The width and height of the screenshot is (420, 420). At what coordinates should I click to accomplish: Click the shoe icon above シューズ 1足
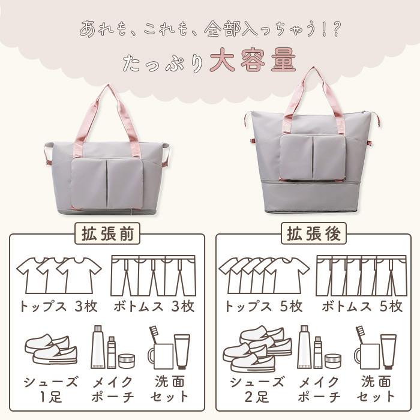pos(52,349)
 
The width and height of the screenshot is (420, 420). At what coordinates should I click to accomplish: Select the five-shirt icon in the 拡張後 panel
pos(263,274)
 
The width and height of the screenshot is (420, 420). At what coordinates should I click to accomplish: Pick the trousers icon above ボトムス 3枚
pos(154,275)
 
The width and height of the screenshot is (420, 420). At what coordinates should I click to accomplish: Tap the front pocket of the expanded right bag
pos(312,157)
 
